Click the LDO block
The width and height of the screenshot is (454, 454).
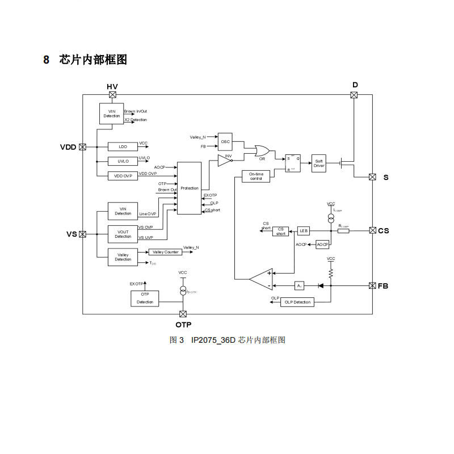coord(123,146)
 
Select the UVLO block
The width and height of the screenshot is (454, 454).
coord(123,161)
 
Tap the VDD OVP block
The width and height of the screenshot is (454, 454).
coord(123,176)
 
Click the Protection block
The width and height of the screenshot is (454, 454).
coord(190,188)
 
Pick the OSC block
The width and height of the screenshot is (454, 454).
coord(226,141)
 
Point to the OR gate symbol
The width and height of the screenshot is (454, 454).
coord(263,150)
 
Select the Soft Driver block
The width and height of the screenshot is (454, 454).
coord(319,163)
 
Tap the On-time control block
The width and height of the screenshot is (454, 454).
coord(256,176)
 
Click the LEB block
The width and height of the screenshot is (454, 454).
coord(304,231)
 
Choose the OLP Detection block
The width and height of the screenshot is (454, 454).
coord(298,302)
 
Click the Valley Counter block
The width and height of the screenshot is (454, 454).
coord(165,252)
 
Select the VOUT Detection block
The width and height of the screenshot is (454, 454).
coord(123,234)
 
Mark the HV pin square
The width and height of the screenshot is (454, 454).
coord(112,95)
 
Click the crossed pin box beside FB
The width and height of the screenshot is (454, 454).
coord(373,285)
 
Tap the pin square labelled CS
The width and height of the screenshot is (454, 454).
coord(373,230)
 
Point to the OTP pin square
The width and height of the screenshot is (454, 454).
coord(183,314)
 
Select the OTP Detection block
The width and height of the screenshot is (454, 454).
coord(145,298)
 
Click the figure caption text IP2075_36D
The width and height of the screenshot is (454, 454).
coord(213,340)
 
